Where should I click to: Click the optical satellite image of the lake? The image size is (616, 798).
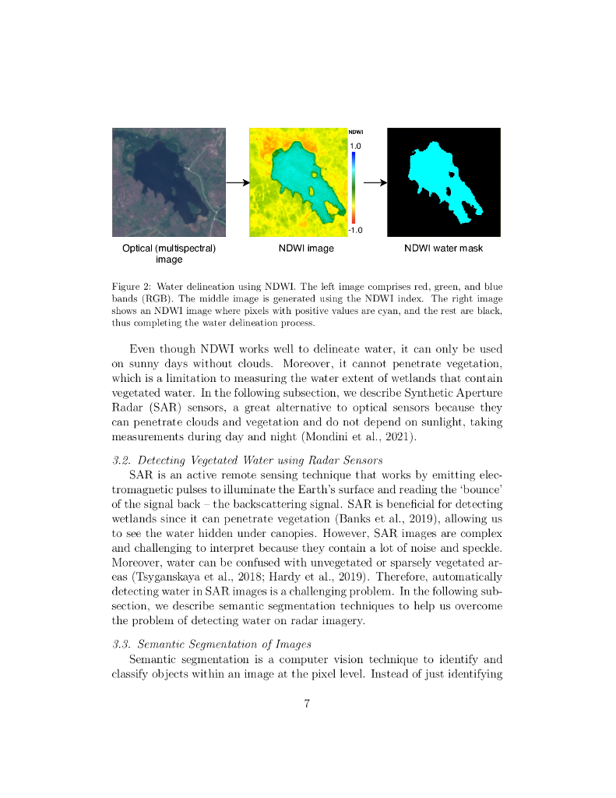pyautogui.click(x=169, y=182)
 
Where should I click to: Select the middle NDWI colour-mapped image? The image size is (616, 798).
pyautogui.click(x=298, y=182)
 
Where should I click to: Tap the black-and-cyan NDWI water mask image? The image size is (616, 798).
pyautogui.click(x=444, y=182)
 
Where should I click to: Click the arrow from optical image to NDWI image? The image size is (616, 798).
pyautogui.click(x=238, y=183)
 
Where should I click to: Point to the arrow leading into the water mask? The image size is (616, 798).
pyautogui.click(x=375, y=183)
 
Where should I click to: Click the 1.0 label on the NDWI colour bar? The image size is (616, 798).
pyautogui.click(x=355, y=146)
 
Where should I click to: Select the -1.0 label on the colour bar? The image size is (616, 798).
pyautogui.click(x=355, y=230)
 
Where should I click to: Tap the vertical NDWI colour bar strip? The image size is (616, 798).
pyautogui.click(x=353, y=187)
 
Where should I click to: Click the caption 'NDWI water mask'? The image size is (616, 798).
pyautogui.click(x=443, y=249)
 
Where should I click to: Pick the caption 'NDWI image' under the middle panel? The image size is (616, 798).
pyautogui.click(x=306, y=249)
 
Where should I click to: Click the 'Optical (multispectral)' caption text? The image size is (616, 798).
pyautogui.click(x=169, y=249)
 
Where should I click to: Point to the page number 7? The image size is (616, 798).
pyautogui.click(x=308, y=704)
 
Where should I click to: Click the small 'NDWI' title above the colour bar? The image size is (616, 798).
pyautogui.click(x=356, y=132)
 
